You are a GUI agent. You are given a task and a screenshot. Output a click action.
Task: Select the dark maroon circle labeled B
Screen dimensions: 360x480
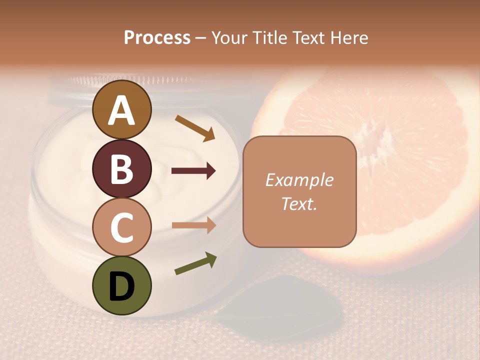click(x=121, y=168)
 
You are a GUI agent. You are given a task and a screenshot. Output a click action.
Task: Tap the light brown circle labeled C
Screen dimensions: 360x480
click(x=121, y=227)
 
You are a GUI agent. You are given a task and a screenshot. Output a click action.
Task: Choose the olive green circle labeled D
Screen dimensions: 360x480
click(x=121, y=285)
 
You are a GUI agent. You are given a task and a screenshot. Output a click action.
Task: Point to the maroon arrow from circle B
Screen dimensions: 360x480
click(x=193, y=171)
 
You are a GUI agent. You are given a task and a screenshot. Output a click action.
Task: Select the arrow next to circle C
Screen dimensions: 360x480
click(x=193, y=225)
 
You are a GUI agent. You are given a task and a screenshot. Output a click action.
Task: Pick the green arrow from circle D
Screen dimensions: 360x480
click(x=195, y=263)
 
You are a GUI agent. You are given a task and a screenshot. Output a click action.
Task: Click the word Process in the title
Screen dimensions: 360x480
click(x=157, y=37)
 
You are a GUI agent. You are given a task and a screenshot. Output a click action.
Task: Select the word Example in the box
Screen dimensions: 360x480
click(x=299, y=180)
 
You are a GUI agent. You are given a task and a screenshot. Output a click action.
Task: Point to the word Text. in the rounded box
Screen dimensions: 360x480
click(x=299, y=203)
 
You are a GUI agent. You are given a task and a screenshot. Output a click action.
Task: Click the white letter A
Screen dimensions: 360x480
click(x=121, y=111)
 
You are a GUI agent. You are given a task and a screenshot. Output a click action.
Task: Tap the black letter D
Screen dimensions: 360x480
click(x=121, y=286)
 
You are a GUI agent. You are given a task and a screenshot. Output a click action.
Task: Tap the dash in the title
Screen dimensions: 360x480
click(x=201, y=38)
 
